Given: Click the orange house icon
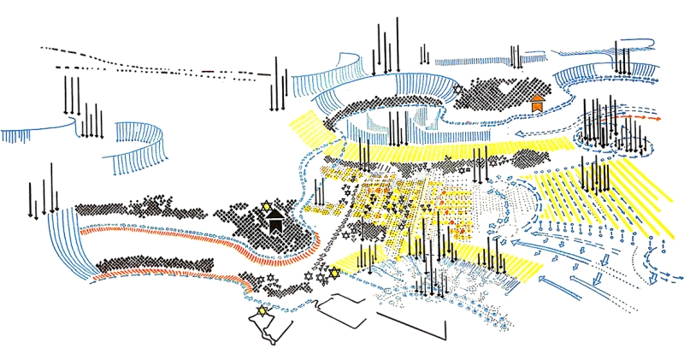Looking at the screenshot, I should pos(537,103).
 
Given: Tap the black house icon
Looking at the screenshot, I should pos(275,223).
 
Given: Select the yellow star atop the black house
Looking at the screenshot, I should pos(266,206).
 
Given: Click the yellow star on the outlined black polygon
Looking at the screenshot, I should pos(262,310).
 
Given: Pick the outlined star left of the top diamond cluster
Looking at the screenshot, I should pos(457,89).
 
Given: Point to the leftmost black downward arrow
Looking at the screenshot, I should pos(31,201).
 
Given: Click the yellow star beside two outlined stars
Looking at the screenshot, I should pos(335,272).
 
